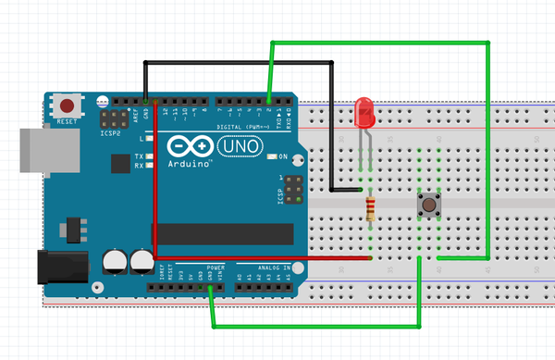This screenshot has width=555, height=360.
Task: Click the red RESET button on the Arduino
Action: pyautogui.click(x=68, y=104)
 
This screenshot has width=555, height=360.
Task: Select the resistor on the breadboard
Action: pyautogui.click(x=371, y=209)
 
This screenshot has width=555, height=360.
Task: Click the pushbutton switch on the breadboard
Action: pyautogui.click(x=429, y=205)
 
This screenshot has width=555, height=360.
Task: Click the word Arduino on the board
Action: pyautogui.click(x=190, y=164)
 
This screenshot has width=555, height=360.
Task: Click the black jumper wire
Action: pyautogui.click(x=239, y=62)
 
